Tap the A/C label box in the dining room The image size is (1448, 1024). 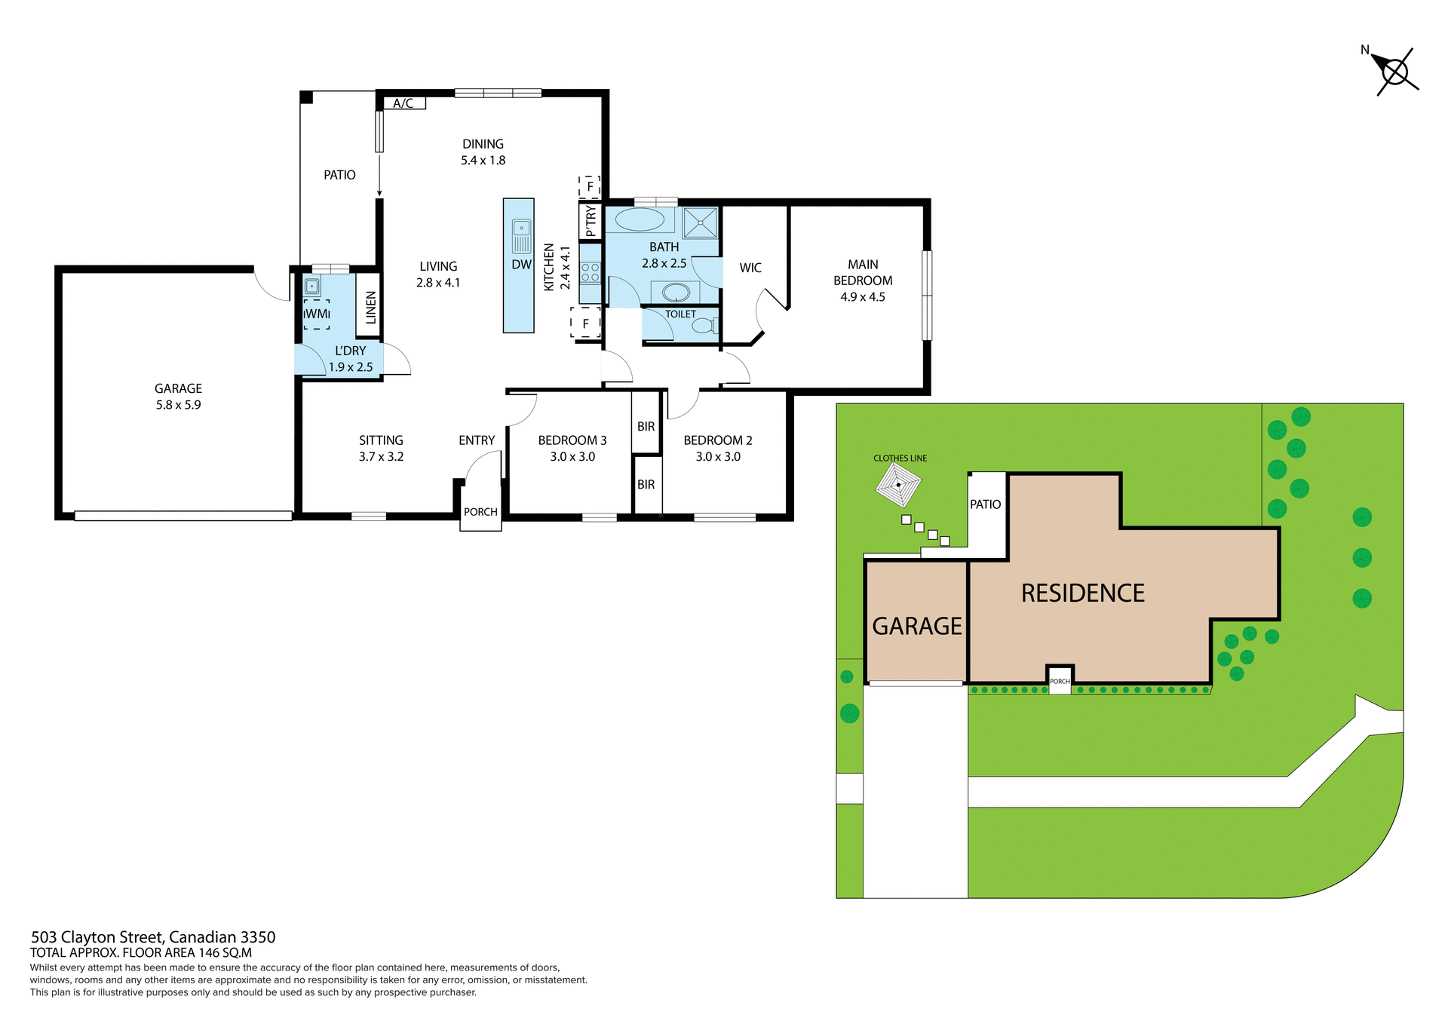(x=403, y=103)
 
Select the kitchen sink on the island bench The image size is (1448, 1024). (x=521, y=228)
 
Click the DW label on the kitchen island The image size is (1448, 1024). (x=521, y=265)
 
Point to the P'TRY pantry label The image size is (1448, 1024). (x=591, y=222)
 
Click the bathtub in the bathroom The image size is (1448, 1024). (x=640, y=220)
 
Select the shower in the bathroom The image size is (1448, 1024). (x=701, y=222)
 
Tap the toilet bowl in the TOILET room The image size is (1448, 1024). (x=703, y=326)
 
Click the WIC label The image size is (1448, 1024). (x=750, y=268)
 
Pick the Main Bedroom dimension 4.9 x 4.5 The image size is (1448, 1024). (x=863, y=297)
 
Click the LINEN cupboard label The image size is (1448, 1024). (x=370, y=308)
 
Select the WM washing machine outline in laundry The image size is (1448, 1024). (x=317, y=314)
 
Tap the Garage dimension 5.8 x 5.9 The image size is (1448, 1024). (x=178, y=405)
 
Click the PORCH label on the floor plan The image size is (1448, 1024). (x=480, y=512)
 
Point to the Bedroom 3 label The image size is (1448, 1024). (x=572, y=440)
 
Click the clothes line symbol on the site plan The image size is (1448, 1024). (x=898, y=485)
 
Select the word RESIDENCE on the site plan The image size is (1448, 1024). (x=1082, y=593)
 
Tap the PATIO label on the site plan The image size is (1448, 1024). (x=985, y=504)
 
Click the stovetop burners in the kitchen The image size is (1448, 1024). (x=590, y=273)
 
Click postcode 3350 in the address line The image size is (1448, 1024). (x=258, y=937)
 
